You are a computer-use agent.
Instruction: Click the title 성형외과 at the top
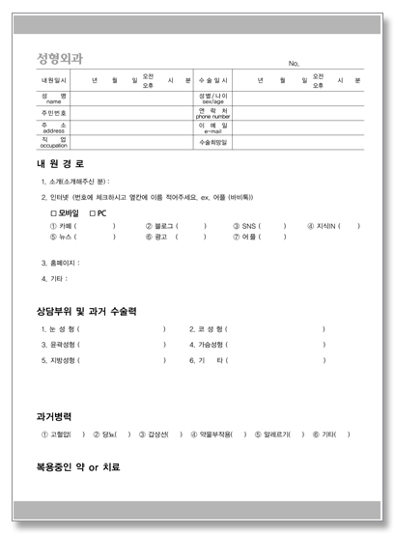(x=59, y=58)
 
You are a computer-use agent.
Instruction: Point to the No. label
(x=293, y=64)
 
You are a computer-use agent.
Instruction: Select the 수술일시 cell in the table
(x=212, y=81)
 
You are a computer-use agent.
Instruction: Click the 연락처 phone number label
(x=212, y=112)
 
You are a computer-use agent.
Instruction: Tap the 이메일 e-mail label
(x=212, y=126)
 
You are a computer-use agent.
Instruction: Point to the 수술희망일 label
(x=212, y=141)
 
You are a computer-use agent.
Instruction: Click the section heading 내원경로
(x=59, y=164)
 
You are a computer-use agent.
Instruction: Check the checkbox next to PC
(x=92, y=212)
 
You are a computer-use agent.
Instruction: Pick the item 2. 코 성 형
(x=208, y=329)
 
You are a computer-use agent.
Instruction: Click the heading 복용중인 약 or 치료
(x=77, y=467)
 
